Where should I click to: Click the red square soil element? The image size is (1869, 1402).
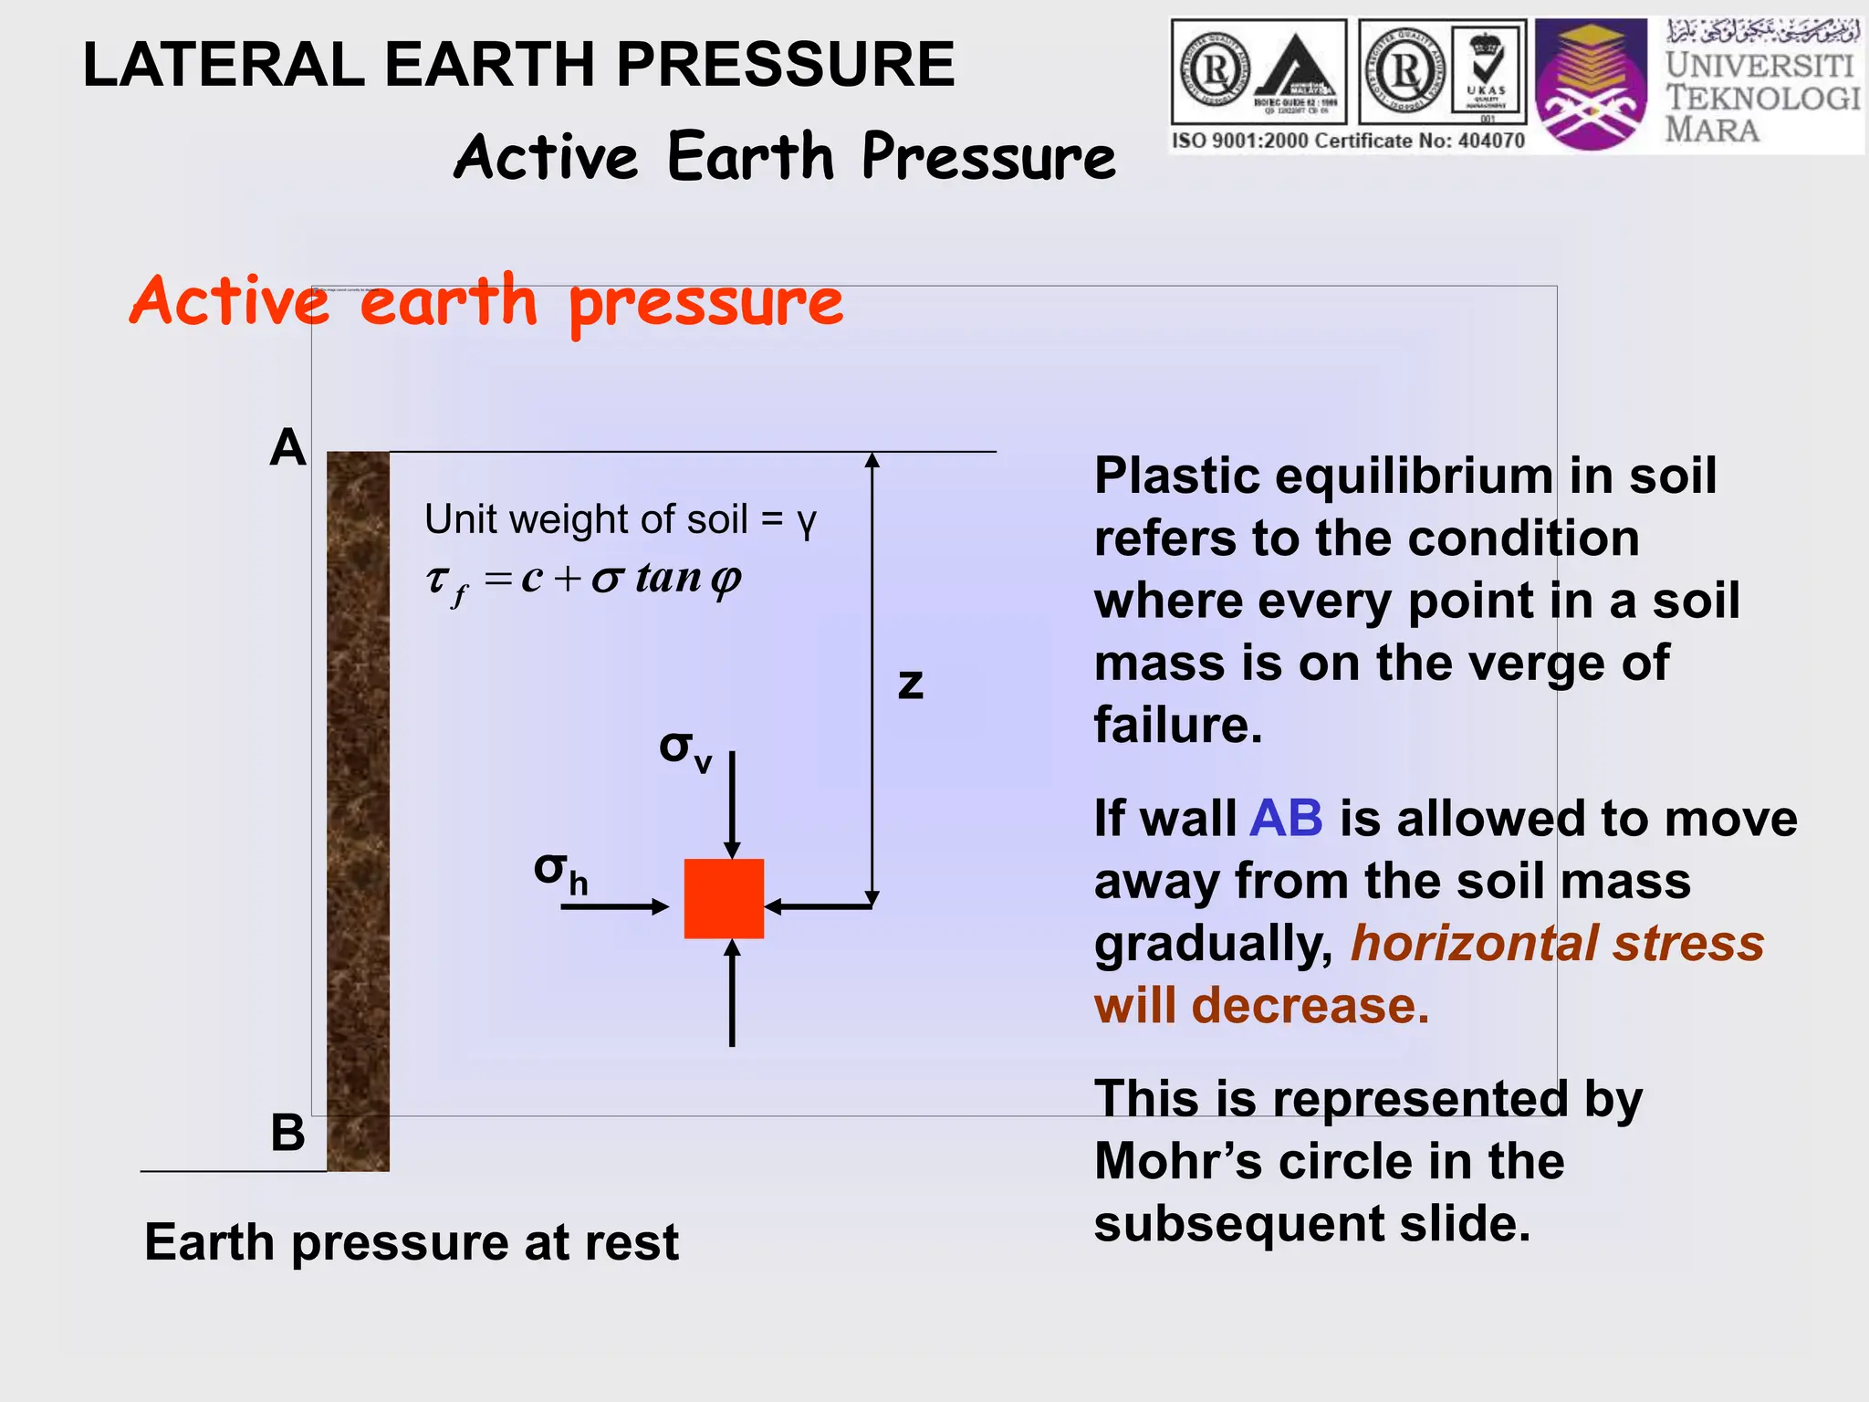coord(724,898)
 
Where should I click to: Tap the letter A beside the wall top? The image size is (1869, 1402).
coord(287,448)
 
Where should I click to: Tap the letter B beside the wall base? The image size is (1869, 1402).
coord(287,1133)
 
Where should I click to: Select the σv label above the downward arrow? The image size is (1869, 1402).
coord(684,750)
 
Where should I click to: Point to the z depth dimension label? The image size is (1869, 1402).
coord(910,685)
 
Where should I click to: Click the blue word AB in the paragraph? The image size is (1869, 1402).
coord(1285,818)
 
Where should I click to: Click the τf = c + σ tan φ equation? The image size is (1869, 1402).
coord(584,580)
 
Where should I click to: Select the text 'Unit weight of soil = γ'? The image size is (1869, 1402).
coord(620,519)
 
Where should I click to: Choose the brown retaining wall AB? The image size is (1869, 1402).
coord(358,811)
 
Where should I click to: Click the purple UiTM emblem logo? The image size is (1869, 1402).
coord(1591,84)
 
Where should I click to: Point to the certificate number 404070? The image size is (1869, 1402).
coord(1490,141)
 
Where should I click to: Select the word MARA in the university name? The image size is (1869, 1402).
coord(1712,130)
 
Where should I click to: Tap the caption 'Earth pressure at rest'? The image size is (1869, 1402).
coord(411,1242)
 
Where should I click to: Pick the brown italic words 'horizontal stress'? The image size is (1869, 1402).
coord(1557,943)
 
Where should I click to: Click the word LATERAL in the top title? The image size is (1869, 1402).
coord(224,65)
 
